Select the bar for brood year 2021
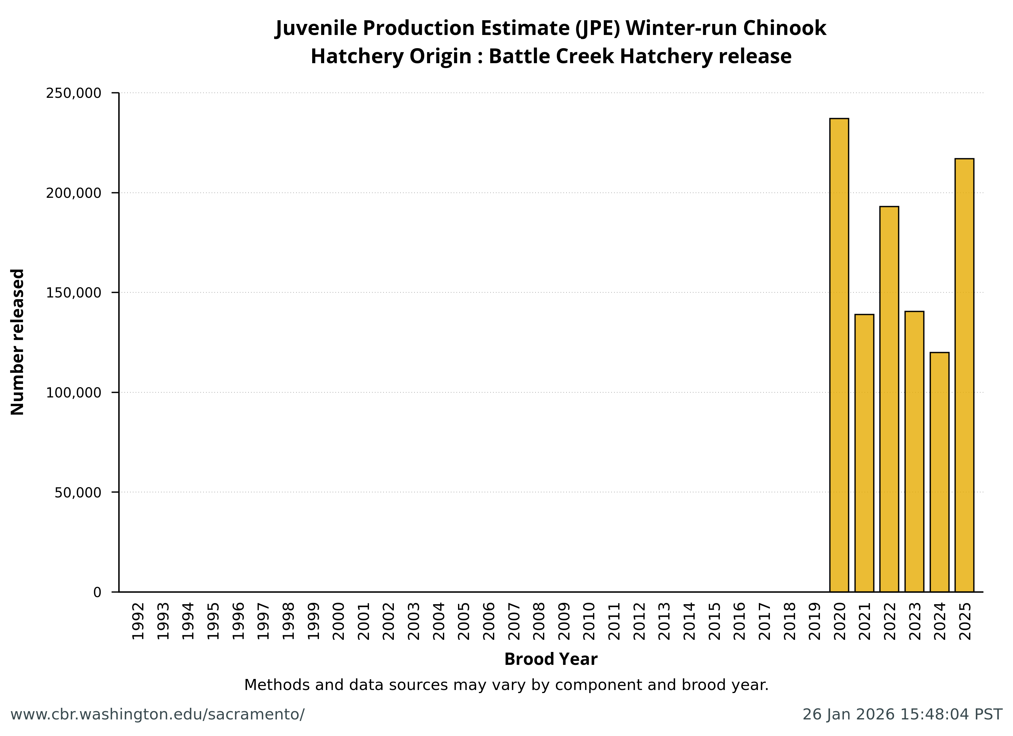point(864,453)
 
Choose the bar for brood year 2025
point(964,375)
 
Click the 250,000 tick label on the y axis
point(74,93)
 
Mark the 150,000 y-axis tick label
point(74,293)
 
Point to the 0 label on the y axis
point(97,592)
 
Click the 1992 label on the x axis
point(138,621)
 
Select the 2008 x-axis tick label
point(539,621)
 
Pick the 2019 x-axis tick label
point(815,621)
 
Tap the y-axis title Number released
point(17,342)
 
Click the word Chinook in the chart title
point(784,28)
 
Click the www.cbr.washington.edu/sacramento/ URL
point(157,714)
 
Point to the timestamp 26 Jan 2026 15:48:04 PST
point(902,714)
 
